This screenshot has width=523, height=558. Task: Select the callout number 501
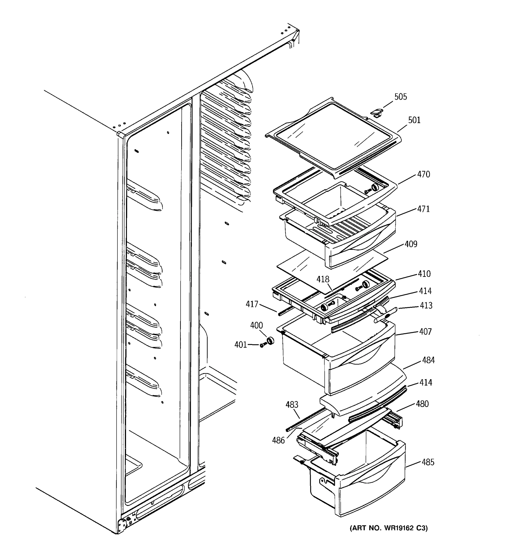[414, 120]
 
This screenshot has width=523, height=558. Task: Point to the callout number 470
[423, 174]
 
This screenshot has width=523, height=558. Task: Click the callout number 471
[423, 209]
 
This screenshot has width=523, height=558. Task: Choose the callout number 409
[411, 244]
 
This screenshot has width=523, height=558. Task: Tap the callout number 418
[323, 279]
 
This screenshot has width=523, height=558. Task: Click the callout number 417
[252, 304]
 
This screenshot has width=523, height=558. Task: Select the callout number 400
[256, 325]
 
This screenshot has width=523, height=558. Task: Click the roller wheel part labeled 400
[270, 341]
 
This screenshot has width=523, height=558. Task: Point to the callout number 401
[240, 345]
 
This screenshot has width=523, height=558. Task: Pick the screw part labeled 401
[263, 345]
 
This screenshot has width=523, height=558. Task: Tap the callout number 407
[425, 332]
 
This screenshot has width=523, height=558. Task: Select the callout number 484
[428, 360]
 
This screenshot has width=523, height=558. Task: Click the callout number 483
[292, 405]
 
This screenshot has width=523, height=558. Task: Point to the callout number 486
[278, 440]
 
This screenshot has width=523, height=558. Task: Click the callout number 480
[422, 404]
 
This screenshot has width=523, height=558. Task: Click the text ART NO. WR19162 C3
[389, 528]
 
